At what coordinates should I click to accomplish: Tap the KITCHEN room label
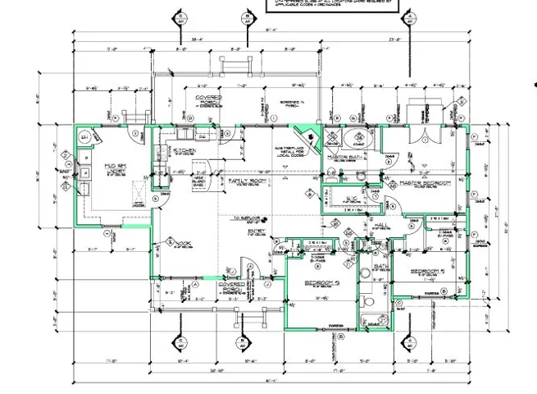(x=183, y=151)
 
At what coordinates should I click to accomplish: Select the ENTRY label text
(x=262, y=232)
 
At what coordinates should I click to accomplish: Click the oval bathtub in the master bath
(x=357, y=137)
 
